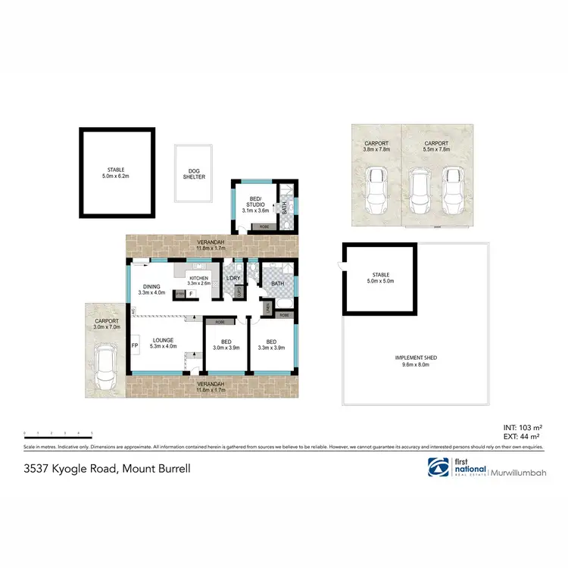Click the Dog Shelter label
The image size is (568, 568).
pyautogui.click(x=194, y=173)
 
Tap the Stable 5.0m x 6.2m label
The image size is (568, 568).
pyautogui.click(x=116, y=173)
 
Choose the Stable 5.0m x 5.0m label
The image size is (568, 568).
pyautogui.click(x=379, y=278)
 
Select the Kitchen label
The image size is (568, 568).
pyautogui.click(x=198, y=281)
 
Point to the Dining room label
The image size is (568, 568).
pyautogui.click(x=151, y=289)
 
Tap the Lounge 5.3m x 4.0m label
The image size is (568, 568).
pyautogui.click(x=163, y=343)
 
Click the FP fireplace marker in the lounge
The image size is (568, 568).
pyautogui.click(x=135, y=345)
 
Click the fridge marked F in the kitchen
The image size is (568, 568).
pyautogui.click(x=192, y=293)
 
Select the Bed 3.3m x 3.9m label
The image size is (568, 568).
pyautogui.click(x=270, y=344)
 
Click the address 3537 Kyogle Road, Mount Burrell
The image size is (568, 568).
pyautogui.click(x=107, y=470)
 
